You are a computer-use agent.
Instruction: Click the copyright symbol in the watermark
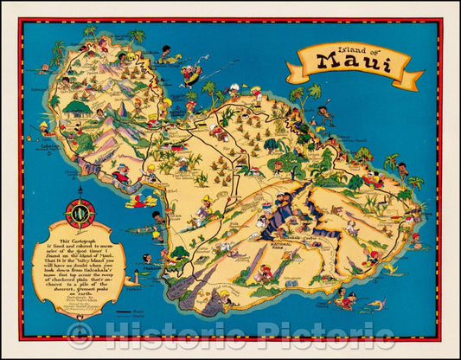click(80, 336)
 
